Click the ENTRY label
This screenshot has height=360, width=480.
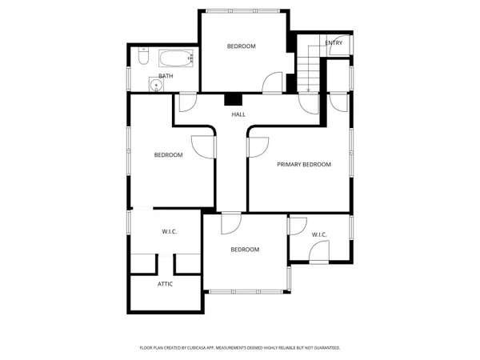pyautogui.click(x=334, y=42)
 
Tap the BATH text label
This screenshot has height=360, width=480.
pyautogui.click(x=166, y=76)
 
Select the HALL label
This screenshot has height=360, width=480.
pyautogui.click(x=238, y=115)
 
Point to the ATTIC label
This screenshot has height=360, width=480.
pyautogui.click(x=165, y=284)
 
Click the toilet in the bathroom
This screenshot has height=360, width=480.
pyautogui.click(x=142, y=57)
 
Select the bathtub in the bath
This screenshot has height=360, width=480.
pyautogui.click(x=176, y=58)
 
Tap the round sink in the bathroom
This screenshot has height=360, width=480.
pyautogui.click(x=154, y=84)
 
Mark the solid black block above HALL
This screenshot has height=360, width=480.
pyautogui.click(x=234, y=100)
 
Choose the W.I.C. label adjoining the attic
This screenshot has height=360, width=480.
pyautogui.click(x=169, y=232)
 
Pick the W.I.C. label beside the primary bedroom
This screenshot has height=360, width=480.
pyautogui.click(x=319, y=235)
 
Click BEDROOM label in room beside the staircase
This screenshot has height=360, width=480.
pyautogui.click(x=241, y=46)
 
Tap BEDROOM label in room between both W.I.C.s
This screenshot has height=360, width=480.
pyautogui.click(x=245, y=250)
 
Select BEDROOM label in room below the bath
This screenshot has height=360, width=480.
pyautogui.click(x=168, y=155)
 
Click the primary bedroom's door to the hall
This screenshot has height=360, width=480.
pyautogui.click(x=258, y=146)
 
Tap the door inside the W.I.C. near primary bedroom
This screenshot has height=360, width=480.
pyautogui.click(x=317, y=252)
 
